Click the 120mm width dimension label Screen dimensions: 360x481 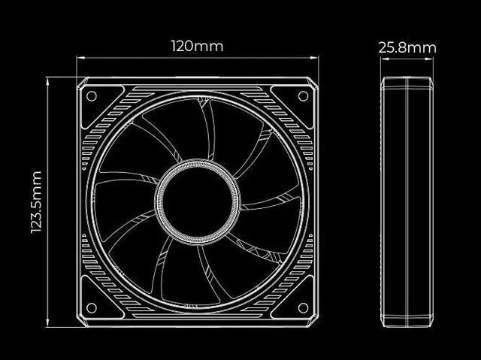click(197, 46)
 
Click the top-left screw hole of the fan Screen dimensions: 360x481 click(92, 96)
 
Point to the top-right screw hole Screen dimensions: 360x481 click(303, 96)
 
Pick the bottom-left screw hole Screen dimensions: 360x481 click(92, 307)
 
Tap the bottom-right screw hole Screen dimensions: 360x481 click(303, 307)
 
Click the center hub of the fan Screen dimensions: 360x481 click(198, 201)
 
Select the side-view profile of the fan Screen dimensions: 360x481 click(407, 201)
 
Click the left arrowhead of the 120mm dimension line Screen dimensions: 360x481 click(78, 56)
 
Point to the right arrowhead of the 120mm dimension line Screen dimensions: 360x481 click(317, 56)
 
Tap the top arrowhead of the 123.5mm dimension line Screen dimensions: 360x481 click(48, 78)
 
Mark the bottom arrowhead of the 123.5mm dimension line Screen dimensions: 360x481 click(48, 325)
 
